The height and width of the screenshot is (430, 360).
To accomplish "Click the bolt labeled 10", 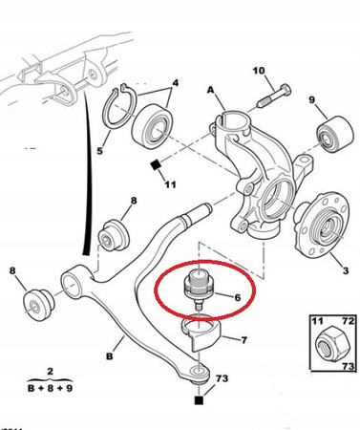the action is point(274,97).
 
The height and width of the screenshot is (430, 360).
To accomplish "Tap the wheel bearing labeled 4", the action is point(152,126).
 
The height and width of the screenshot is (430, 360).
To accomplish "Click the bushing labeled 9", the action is point(335,135).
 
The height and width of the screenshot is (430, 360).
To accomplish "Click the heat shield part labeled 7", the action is point(201,333).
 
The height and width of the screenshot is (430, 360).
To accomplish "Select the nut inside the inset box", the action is point(332,345).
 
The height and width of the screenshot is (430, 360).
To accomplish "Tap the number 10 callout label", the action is point(259,71).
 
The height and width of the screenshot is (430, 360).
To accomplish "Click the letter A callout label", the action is point(211,90).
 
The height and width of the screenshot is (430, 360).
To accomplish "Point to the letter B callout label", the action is point(110,355).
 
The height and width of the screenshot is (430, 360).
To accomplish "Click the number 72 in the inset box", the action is point(348,320).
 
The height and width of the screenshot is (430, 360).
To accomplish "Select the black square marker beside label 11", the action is point(156,165).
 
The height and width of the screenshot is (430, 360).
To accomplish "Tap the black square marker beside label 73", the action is point(199,400).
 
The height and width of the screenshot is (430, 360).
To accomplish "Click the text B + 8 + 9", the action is point(51,388).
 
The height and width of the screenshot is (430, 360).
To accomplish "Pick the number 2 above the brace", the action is point(51,372).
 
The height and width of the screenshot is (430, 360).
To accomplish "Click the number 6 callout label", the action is point(238,297).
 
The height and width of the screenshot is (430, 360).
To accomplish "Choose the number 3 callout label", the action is point(346,270).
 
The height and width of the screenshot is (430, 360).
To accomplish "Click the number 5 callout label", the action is point(100,151).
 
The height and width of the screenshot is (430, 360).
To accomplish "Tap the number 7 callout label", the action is point(244,340).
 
